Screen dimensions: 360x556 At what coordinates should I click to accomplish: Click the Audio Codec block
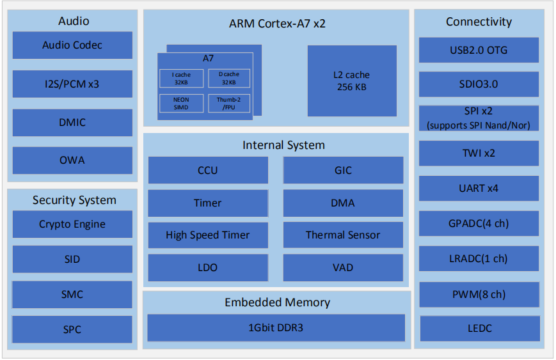[x=72, y=45]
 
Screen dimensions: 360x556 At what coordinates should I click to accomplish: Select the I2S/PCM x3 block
[x=72, y=84]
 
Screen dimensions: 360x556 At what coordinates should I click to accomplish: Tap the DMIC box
[x=72, y=122]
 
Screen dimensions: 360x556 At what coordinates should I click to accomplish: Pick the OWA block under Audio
[x=72, y=160]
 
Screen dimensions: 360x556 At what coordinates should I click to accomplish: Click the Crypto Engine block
[x=72, y=224]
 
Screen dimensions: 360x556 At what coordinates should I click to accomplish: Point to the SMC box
[x=72, y=295]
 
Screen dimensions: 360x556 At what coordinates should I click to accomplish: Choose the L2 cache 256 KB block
[x=352, y=81]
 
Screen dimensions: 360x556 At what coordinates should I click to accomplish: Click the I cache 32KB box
[x=180, y=79]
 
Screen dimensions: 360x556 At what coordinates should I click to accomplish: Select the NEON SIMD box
[x=180, y=104]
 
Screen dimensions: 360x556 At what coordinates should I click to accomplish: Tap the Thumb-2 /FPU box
[x=228, y=104]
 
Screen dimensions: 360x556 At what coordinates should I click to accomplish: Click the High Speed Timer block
[x=208, y=235]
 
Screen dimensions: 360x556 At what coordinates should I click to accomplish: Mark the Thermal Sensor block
[x=343, y=235]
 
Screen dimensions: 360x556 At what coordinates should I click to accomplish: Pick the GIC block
[x=343, y=171]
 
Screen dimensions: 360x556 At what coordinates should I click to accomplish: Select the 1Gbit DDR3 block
[x=276, y=327]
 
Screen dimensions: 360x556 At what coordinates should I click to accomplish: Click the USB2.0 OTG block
[x=479, y=50]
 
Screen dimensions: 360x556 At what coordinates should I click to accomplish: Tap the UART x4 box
[x=479, y=189]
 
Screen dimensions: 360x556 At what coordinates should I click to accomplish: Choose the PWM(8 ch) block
[x=479, y=294]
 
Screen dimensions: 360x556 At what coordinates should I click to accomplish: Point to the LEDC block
[x=479, y=328]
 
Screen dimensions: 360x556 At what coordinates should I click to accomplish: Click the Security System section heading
[x=74, y=200]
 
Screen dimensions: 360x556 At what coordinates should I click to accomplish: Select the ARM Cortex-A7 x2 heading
[x=277, y=24]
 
